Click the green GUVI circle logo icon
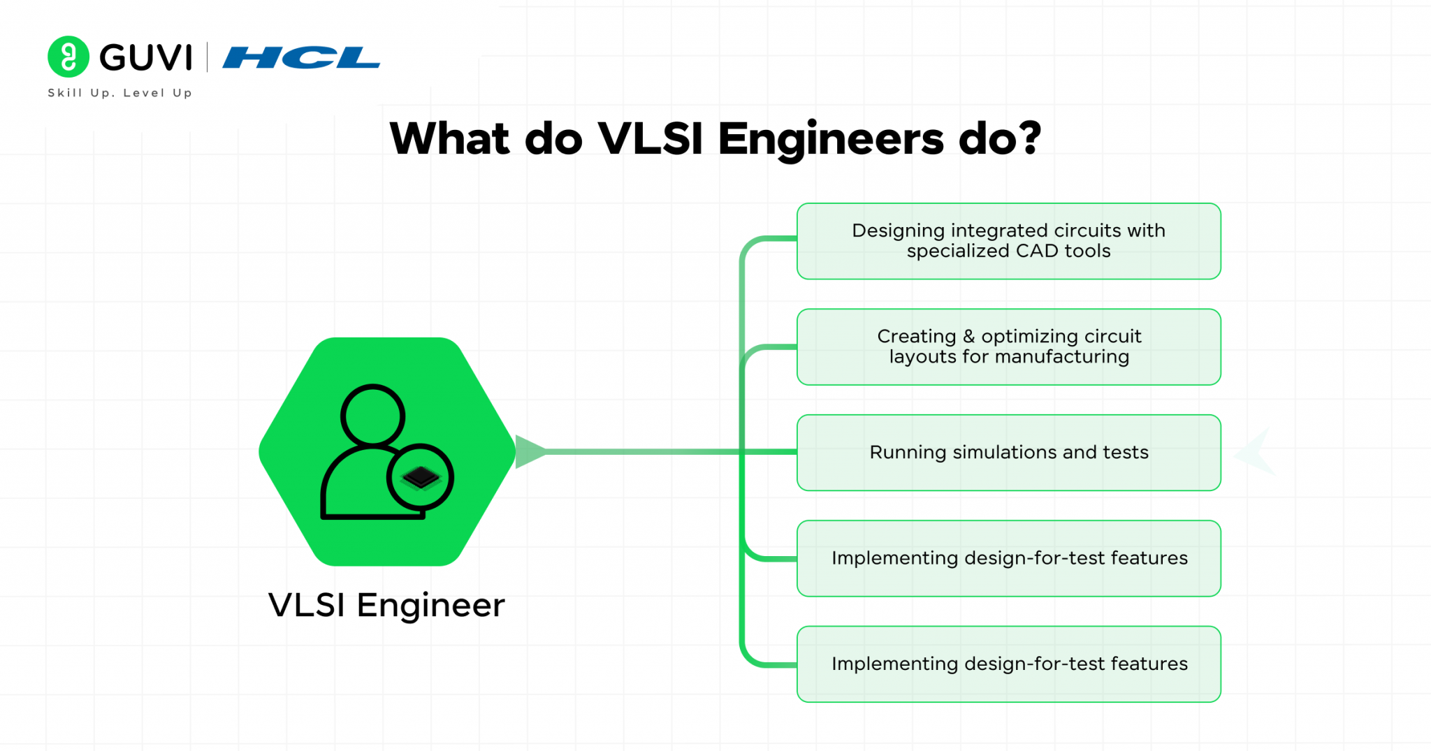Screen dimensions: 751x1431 (68, 57)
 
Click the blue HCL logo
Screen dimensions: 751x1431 (301, 58)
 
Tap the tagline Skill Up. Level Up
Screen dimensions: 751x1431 (119, 93)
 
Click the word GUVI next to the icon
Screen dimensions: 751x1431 (145, 57)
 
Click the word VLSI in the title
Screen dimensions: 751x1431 (650, 138)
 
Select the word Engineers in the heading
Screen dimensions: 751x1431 (831, 138)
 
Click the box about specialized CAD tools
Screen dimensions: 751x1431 (1008, 241)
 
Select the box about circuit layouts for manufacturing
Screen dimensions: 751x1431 (1008, 347)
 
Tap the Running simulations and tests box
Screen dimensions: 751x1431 (1008, 453)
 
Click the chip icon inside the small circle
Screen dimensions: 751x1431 (420, 478)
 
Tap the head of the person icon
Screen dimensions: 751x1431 (372, 415)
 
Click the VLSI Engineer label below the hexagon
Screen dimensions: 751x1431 (386, 605)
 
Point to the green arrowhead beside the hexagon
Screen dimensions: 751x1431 (529, 452)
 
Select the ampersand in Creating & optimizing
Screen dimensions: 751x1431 (968, 337)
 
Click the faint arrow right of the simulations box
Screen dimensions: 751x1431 (1256, 453)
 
